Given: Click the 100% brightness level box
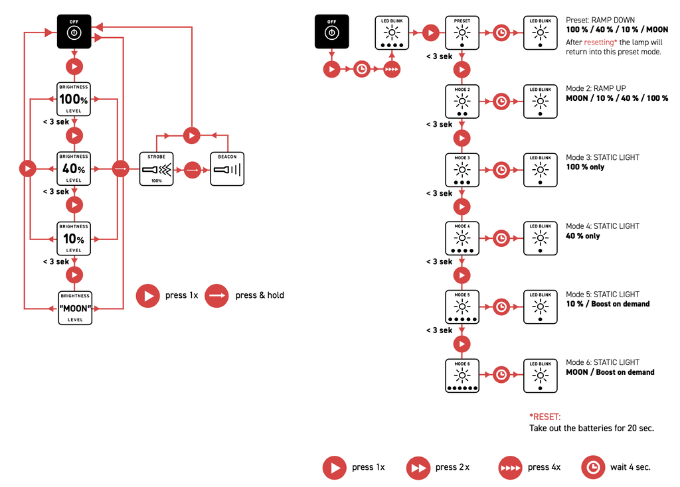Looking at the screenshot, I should pyautogui.click(x=74, y=100).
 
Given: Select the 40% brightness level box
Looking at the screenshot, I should pyautogui.click(x=74, y=169).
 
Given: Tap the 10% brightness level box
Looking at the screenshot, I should pyautogui.click(x=74, y=238).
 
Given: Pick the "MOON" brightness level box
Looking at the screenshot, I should pyautogui.click(x=74, y=308).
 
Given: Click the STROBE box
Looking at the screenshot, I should pyautogui.click(x=156, y=169).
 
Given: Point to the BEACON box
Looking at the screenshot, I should pyautogui.click(x=227, y=169).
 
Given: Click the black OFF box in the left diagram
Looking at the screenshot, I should pyautogui.click(x=74, y=31).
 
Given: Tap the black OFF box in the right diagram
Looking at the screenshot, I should pyautogui.click(x=331, y=31).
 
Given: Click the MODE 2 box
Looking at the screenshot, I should pyautogui.click(x=462, y=101).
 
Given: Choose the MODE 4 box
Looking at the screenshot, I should pyautogui.click(x=462, y=238).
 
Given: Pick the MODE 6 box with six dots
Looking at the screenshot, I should pyautogui.click(x=462, y=376).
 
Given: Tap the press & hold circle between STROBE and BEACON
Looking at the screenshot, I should pyautogui.click(x=192, y=169).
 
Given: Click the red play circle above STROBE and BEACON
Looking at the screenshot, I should pyautogui.click(x=191, y=135).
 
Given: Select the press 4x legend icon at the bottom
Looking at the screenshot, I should pyautogui.click(x=510, y=467).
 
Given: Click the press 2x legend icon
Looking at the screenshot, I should pyautogui.click(x=418, y=467).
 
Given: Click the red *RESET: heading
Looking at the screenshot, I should pyautogui.click(x=545, y=417).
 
